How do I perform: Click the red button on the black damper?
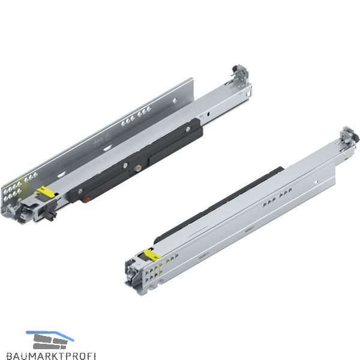click(x=87, y=200)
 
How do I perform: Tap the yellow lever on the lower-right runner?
click(x=152, y=254)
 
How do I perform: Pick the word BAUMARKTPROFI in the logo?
click(x=51, y=355)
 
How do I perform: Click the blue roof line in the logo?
click(x=50, y=335)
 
